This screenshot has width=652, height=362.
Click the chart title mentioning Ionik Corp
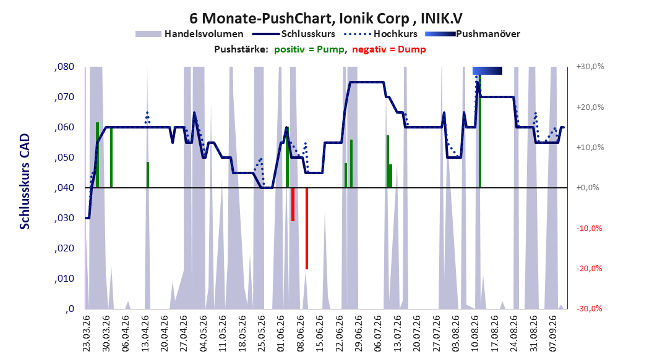325,19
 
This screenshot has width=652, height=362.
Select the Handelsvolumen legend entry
190,34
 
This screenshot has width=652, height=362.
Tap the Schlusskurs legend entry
294,34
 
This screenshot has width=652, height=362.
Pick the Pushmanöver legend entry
473,34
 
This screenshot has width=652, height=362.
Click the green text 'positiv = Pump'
309,49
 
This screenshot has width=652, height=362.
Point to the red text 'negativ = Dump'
389,49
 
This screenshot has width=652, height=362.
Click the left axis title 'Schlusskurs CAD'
25,182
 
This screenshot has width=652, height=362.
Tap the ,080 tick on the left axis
64,67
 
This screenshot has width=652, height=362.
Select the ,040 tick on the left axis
64,188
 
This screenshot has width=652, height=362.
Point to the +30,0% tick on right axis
590,67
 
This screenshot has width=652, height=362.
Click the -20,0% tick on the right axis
589,269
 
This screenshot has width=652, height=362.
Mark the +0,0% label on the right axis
588,188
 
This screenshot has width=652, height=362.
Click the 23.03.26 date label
87,334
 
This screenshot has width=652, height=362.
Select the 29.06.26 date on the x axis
358,334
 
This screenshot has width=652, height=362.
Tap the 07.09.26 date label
552,334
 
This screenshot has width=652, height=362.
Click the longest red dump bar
307,229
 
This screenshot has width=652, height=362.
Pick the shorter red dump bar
293,204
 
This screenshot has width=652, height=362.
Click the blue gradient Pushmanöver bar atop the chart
487,70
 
